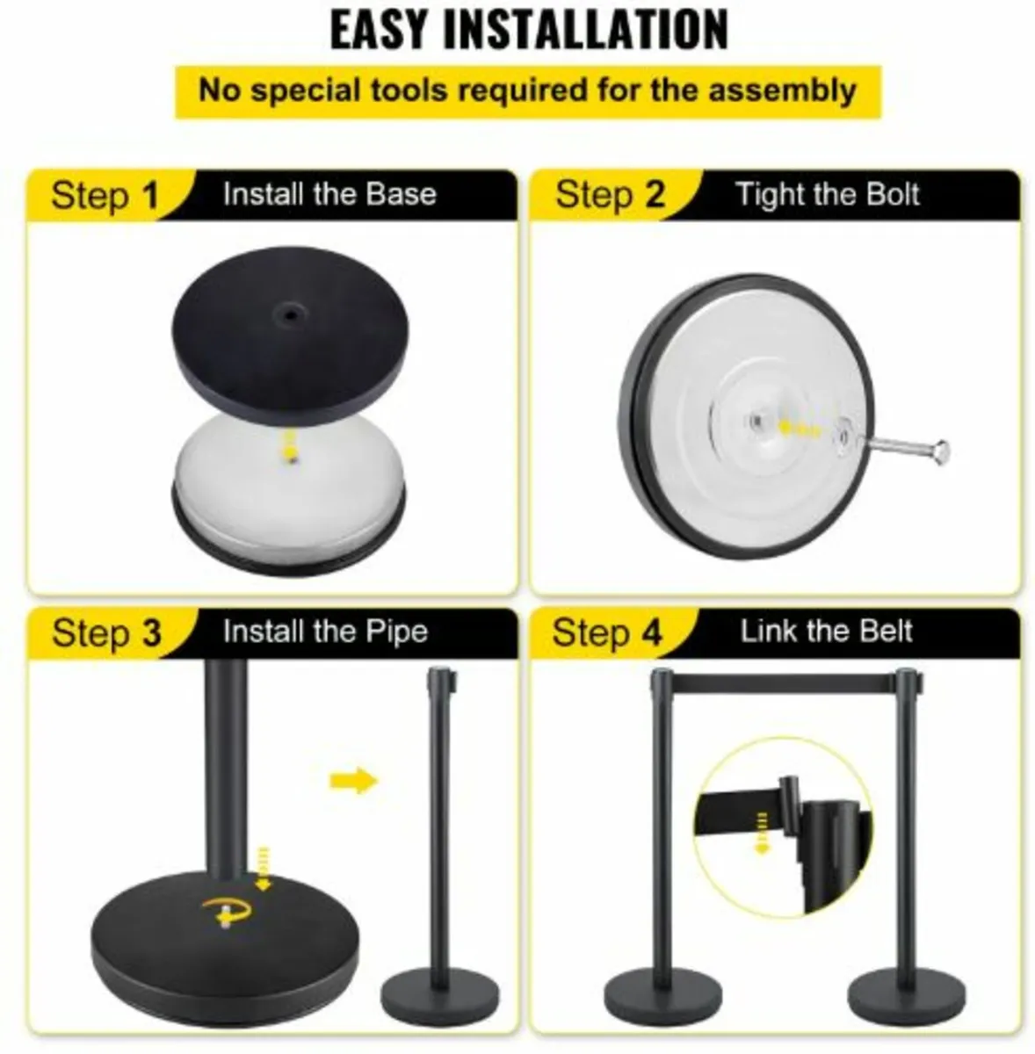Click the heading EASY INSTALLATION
pyautogui.click(x=528, y=30)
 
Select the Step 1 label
pyautogui.click(x=105, y=195)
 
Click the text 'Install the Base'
pyautogui.click(x=329, y=194)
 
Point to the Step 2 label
pyautogui.click(x=609, y=195)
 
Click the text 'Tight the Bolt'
pyautogui.click(x=827, y=194)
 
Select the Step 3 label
pyautogui.click(x=105, y=632)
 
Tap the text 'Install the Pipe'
pyautogui.click(x=325, y=632)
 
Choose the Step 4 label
pyautogui.click(x=606, y=632)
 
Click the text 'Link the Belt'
pyautogui.click(x=826, y=632)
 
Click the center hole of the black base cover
pyautogui.click(x=287, y=313)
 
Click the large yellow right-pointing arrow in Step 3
pyautogui.click(x=353, y=780)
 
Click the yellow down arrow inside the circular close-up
pyautogui.click(x=762, y=832)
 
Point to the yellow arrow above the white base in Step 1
pyautogui.click(x=287, y=443)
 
